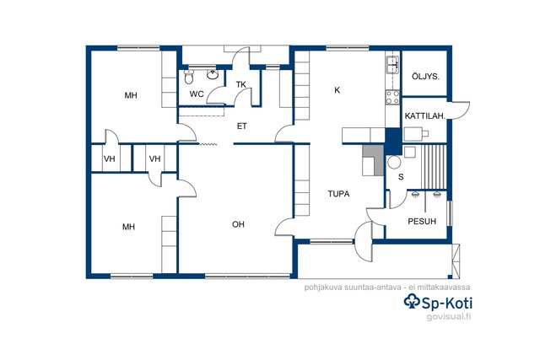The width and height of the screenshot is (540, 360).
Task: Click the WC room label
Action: [x=197, y=94]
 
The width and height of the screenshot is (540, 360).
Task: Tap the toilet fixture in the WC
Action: [x=189, y=77]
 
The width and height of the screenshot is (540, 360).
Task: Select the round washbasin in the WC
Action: [x=213, y=74]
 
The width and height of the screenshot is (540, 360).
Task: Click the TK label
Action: [x=241, y=84]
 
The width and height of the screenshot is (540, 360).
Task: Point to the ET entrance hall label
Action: [x=242, y=126]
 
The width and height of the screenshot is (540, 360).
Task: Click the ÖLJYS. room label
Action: [x=425, y=77]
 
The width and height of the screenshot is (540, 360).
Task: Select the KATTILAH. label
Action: [x=425, y=116]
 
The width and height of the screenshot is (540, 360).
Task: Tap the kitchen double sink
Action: [x=392, y=64]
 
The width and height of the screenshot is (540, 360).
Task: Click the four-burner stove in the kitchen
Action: [x=392, y=96]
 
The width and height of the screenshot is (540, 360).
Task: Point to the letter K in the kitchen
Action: [x=337, y=90]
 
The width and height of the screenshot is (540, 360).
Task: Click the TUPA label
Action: [x=338, y=194]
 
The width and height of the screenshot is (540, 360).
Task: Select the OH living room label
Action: [x=238, y=224]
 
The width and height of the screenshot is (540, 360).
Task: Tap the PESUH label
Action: [x=422, y=221]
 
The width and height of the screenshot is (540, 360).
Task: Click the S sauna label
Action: [x=401, y=177]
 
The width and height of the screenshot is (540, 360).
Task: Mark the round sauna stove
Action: [x=394, y=162]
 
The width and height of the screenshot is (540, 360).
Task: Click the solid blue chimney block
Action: [x=393, y=141]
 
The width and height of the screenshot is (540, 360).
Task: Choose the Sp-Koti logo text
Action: [x=438, y=303]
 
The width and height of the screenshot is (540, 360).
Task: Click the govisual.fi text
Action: [x=449, y=316]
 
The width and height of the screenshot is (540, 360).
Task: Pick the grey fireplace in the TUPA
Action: [x=374, y=160]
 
